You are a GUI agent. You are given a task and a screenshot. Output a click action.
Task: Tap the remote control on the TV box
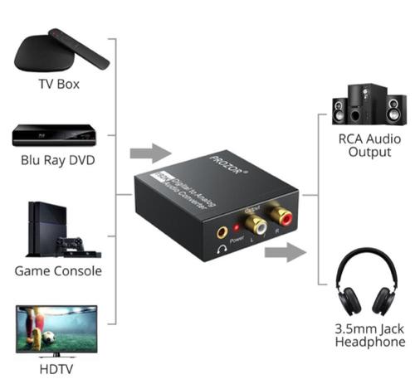(x=79, y=47)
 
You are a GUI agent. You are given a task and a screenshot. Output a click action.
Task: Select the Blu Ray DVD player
(x=56, y=134)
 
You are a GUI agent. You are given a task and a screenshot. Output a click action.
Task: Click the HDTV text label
(x=57, y=367)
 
